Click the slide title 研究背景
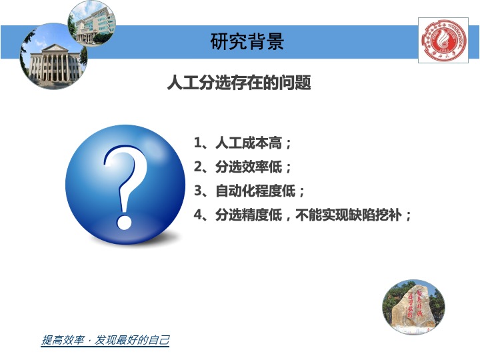tap(247, 42)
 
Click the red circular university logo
tap(443, 41)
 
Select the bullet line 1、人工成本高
tap(243, 143)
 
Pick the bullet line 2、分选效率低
tap(243, 167)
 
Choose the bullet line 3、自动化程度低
tap(249, 191)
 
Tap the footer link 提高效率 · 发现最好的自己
tap(105, 341)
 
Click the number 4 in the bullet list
tap(197, 215)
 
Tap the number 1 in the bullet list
tap(197, 143)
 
